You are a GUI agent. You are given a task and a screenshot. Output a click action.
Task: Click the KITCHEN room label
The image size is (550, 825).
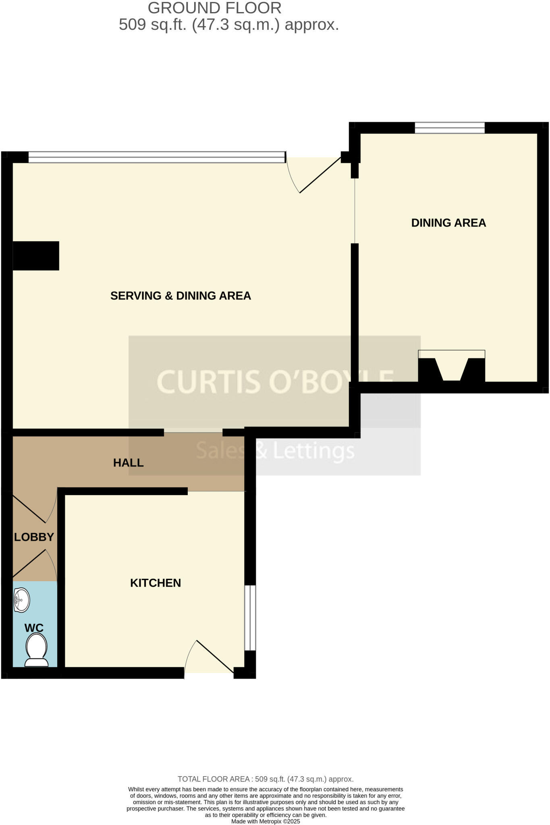click(155, 583)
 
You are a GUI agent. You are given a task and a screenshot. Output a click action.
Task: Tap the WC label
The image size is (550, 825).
click(34, 628)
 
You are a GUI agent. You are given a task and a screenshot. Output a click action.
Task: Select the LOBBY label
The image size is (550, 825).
click(34, 537)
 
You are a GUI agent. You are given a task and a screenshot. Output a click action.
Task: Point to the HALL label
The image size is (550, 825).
click(128, 462)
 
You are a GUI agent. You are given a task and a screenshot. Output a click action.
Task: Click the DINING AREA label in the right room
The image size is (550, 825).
click(448, 223)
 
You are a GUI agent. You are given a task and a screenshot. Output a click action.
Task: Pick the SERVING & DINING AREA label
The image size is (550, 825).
click(181, 296)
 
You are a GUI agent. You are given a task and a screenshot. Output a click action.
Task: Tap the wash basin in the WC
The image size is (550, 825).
click(22, 600)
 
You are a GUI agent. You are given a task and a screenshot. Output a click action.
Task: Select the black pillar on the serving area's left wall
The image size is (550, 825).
click(36, 256)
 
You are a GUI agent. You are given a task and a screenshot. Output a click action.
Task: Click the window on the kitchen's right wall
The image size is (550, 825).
click(250, 618)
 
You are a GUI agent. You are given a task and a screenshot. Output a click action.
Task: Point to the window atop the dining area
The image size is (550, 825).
click(450, 128)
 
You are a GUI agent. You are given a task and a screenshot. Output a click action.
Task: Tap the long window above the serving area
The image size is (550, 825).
click(156, 157)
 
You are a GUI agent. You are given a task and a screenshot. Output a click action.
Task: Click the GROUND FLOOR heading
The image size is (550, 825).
click(214, 8)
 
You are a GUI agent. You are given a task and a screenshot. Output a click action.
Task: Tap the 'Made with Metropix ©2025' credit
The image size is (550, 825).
click(266, 821)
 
